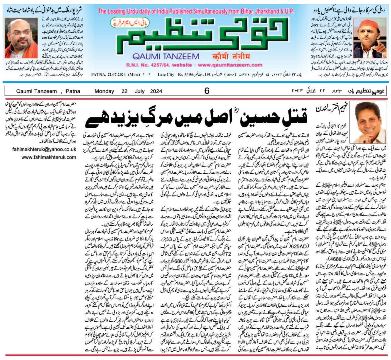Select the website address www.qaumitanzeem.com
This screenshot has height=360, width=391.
click(239, 65)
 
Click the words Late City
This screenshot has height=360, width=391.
click(166, 74)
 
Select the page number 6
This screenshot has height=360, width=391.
click(207, 91)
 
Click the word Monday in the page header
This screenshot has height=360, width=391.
click(104, 91)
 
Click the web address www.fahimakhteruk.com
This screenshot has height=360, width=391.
click(49, 157)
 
